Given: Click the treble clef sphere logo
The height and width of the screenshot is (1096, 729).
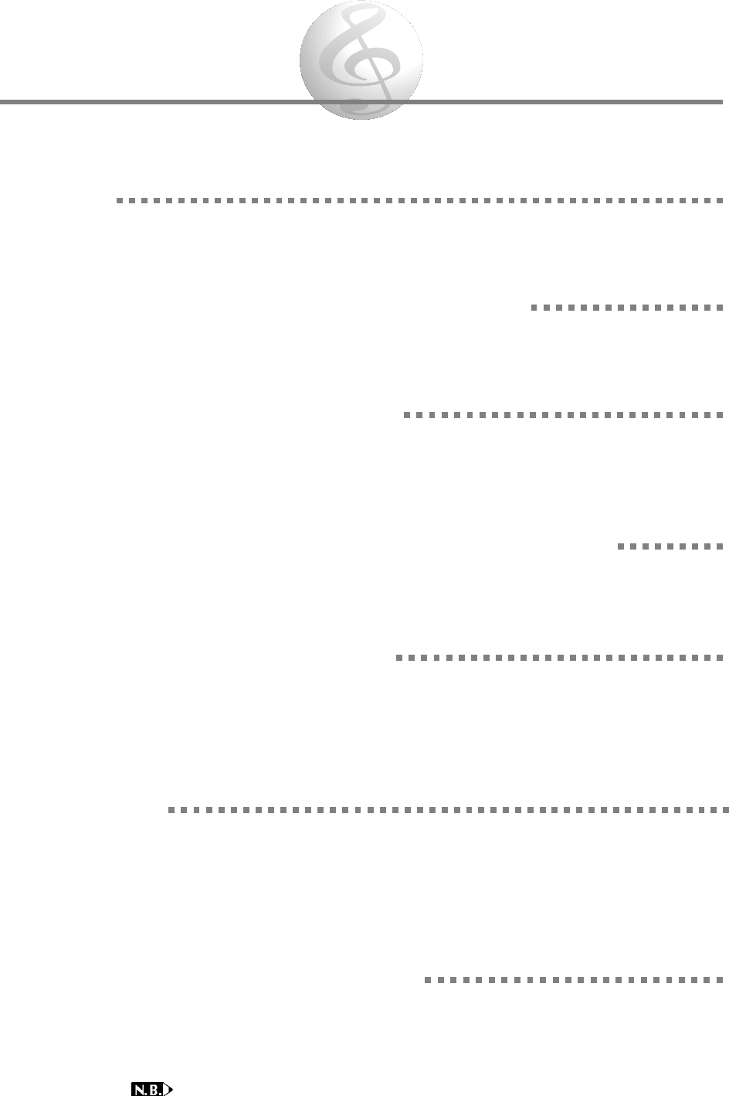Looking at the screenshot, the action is tap(361, 60).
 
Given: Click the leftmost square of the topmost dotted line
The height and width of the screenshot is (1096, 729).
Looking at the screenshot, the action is tap(119, 200).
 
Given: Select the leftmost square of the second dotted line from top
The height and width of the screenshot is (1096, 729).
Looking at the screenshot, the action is tap(534, 308).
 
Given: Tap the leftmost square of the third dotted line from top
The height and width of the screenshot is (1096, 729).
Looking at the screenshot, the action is tap(406, 415).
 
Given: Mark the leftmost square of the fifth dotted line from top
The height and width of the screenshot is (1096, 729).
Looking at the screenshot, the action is tap(398, 659).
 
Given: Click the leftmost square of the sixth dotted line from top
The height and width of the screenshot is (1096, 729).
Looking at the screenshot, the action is tap(171, 811).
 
